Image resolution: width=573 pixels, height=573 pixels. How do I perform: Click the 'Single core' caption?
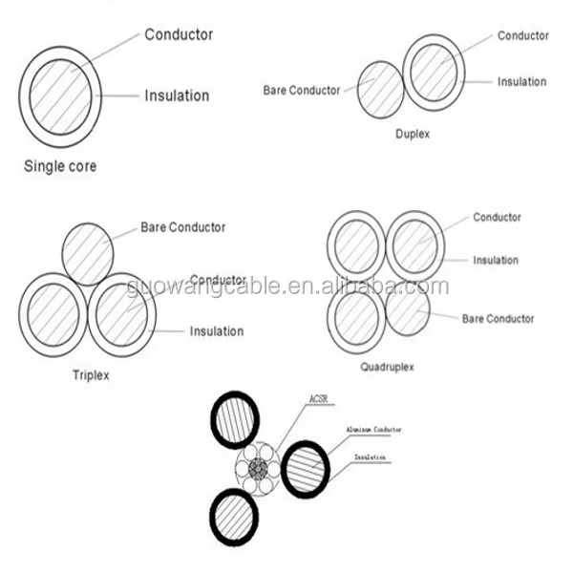[x=60, y=166]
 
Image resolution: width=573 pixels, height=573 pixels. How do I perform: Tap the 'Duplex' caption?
[x=413, y=135]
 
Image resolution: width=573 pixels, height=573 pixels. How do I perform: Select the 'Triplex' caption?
[x=92, y=375]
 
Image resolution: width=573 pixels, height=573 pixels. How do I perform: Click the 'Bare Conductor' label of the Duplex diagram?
[x=301, y=91]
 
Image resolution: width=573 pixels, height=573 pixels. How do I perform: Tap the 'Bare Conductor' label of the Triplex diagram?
[x=183, y=227]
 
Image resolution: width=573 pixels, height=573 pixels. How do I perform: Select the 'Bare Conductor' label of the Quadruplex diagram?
[x=499, y=318]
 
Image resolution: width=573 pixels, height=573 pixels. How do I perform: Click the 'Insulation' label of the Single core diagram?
[x=177, y=95]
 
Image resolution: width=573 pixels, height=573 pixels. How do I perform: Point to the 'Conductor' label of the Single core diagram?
[x=179, y=35]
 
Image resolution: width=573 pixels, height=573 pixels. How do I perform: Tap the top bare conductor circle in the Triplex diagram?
[x=88, y=253]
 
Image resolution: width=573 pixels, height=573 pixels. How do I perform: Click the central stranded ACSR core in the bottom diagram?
[x=257, y=469]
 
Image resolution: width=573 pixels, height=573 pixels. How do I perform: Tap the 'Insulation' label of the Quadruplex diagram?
[x=496, y=260]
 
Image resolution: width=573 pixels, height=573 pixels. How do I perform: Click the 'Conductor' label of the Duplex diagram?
[x=522, y=36]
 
